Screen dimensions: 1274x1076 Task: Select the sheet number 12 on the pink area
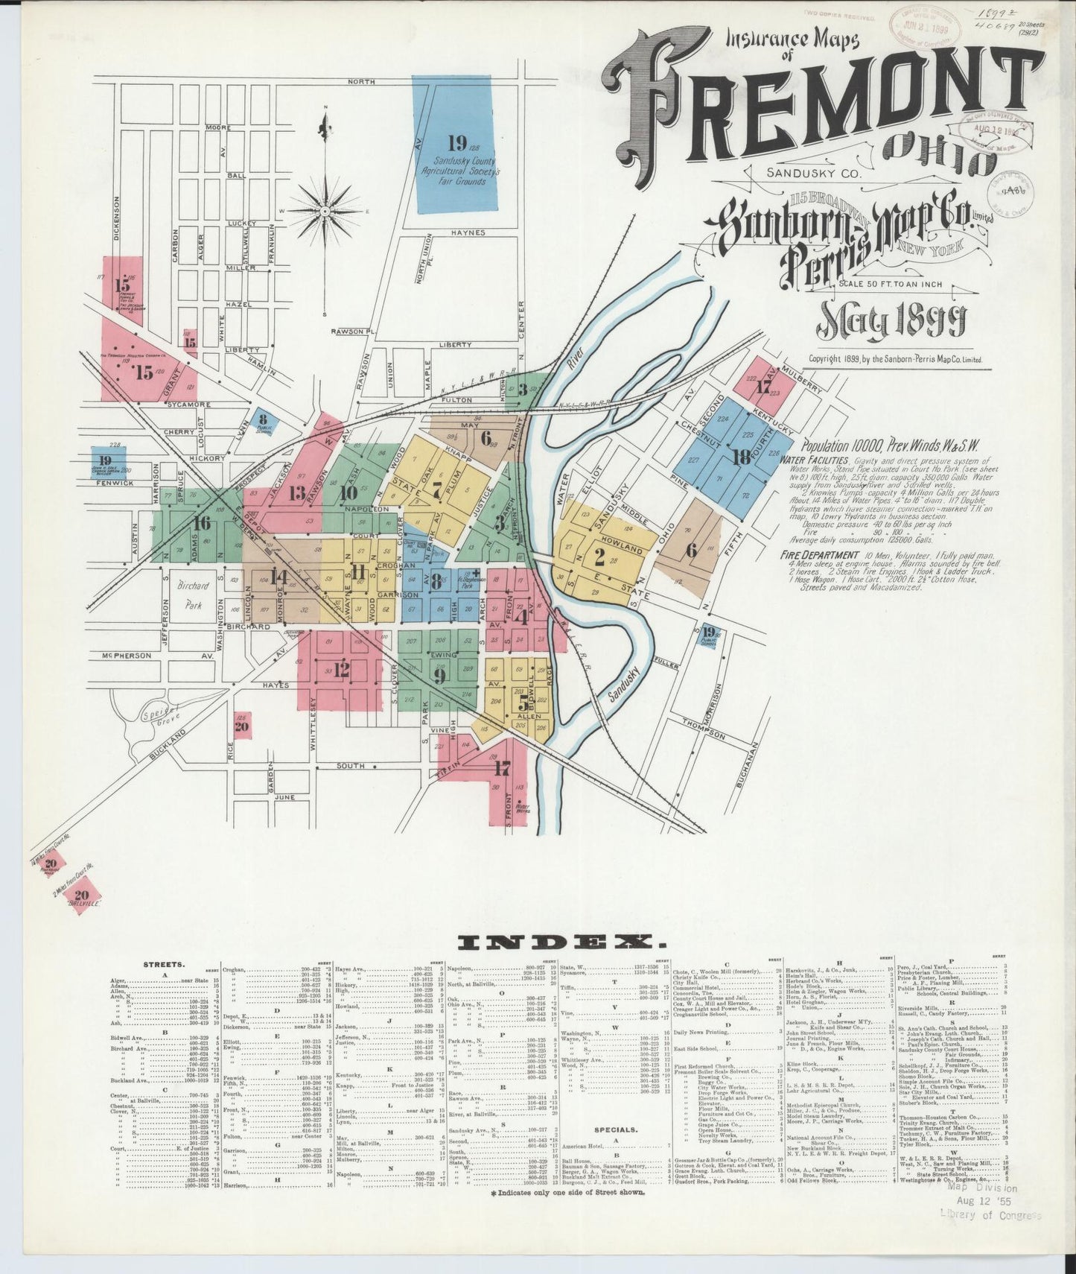[341, 671]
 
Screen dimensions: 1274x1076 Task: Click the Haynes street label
[467, 232]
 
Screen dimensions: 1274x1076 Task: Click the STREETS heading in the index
[159, 964]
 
